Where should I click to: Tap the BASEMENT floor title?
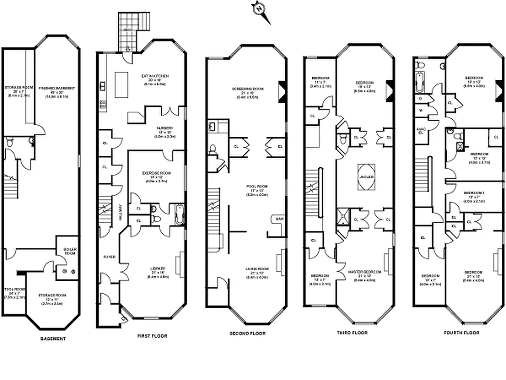click(x=53, y=339)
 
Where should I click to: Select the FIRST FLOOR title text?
click(x=152, y=336)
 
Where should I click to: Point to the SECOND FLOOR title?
click(x=248, y=333)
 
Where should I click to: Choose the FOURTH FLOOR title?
click(x=461, y=332)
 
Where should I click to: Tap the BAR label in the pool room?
click(x=277, y=219)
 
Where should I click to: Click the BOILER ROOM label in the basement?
click(x=70, y=251)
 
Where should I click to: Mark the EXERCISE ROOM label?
click(x=156, y=173)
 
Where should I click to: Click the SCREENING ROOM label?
click(x=248, y=89)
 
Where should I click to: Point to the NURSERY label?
click(x=165, y=128)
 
